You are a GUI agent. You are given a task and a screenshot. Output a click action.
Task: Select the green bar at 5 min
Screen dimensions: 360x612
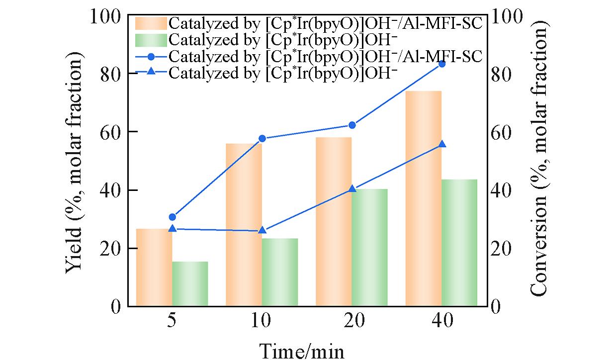point(190,283)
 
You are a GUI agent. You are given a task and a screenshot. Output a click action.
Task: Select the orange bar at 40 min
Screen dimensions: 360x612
point(424,198)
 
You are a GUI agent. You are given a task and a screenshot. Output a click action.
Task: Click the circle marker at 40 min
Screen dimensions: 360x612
point(442,64)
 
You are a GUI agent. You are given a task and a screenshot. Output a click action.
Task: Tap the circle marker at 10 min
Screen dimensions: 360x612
point(262,138)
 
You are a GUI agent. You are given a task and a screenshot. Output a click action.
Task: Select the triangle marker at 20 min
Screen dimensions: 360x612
point(352,189)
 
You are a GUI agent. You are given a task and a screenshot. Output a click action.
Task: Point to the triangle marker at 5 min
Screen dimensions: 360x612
point(172,228)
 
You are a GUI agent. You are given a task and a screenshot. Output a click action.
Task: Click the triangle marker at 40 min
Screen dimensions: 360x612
point(442,144)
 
